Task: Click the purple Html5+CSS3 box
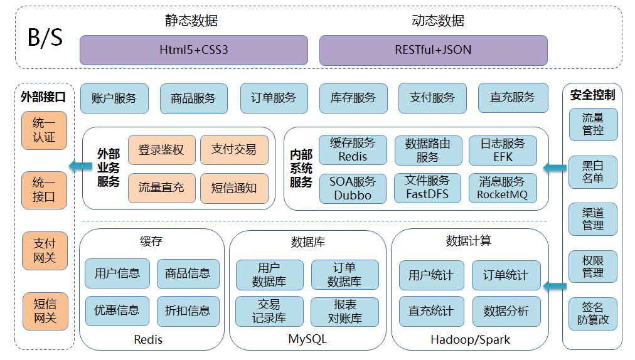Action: point(193,50)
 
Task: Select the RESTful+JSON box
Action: point(433,50)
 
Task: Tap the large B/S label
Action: point(45,38)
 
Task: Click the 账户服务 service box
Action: point(114,98)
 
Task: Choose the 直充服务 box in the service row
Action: point(512,98)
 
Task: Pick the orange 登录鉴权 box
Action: point(161,150)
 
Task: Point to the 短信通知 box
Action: point(234,188)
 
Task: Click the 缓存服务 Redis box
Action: point(353,150)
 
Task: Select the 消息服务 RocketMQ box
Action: point(503,188)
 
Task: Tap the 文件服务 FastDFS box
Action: point(427,188)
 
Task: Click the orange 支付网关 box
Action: point(45,250)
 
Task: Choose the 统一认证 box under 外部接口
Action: point(45,130)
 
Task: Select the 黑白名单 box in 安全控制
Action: point(592,172)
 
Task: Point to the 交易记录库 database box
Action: point(269,312)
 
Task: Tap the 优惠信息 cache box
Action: point(117,311)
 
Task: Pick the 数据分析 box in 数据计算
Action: point(506,312)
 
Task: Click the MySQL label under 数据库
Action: point(307,340)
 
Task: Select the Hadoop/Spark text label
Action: point(470,340)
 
